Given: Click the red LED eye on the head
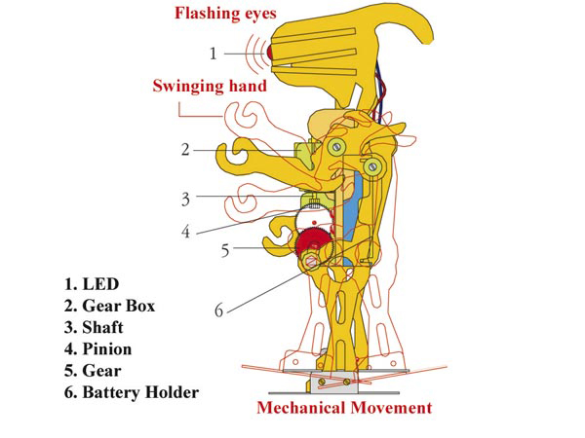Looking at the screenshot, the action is tap(270, 53).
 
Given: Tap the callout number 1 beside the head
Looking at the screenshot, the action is tap(213, 54).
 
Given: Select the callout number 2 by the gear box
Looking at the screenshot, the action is tap(185, 150).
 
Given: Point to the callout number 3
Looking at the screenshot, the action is tap(186, 200).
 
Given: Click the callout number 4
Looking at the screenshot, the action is tap(186, 232).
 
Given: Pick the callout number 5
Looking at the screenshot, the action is tap(225, 250).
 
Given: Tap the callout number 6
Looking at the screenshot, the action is tap(219, 310).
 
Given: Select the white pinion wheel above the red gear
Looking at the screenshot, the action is tap(313, 221).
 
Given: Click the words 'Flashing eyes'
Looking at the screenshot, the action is tap(226, 14).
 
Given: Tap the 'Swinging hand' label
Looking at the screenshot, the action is tap(210, 86).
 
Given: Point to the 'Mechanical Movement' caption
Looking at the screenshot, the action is tap(344, 408).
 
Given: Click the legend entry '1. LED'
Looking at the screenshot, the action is tap(92, 284).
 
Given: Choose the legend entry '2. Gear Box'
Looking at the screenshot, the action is tap(109, 306).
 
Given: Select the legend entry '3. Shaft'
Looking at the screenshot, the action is tap(94, 327).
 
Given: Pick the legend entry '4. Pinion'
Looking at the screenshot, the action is tap(97, 349).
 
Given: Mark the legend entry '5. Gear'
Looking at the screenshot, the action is tap(93, 371).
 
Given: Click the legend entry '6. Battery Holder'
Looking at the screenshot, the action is tap(132, 392).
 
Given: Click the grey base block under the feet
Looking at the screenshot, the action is tap(333, 383).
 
